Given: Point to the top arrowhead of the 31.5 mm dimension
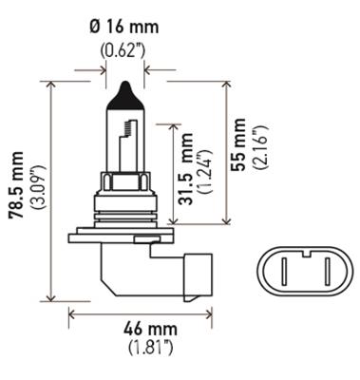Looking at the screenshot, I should (171, 124).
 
